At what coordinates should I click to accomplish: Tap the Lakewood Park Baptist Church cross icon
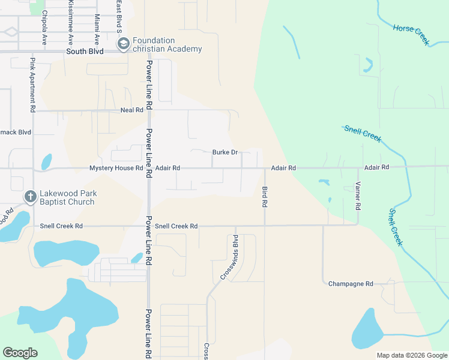coord(31,197)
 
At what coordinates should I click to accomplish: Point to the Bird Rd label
coord(264,197)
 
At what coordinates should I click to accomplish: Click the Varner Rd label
coord(358,196)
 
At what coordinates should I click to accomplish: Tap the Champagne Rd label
coord(351,284)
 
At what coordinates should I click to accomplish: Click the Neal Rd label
coord(132,110)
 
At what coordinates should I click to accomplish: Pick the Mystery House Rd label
coord(116,169)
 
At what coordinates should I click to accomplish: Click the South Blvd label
coord(85,52)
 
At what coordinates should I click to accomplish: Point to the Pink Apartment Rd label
coord(33,85)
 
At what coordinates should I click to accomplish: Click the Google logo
coord(20,353)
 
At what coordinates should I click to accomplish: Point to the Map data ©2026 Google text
coord(412,355)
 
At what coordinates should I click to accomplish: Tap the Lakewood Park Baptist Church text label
coord(67,197)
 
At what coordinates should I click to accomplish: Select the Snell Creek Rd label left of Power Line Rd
coord(61,226)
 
